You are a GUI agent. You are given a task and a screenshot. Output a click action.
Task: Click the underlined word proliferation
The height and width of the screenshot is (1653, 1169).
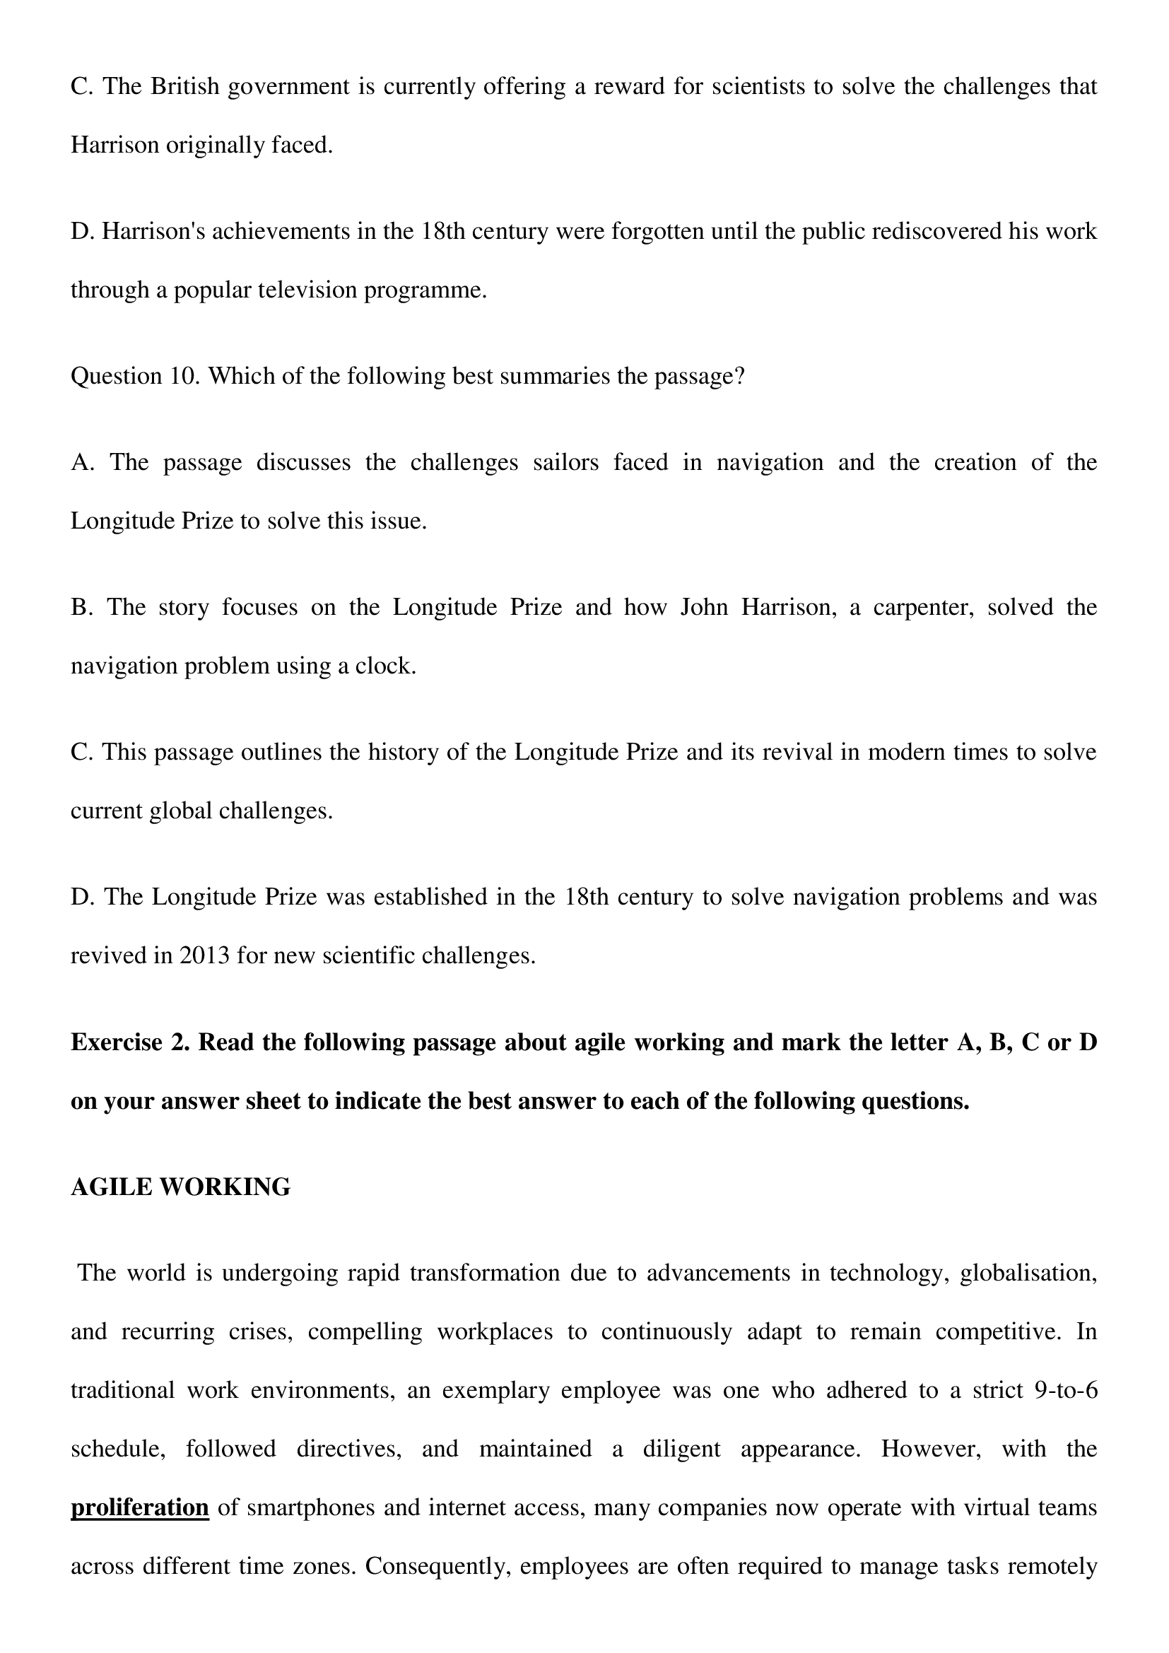tap(140, 1507)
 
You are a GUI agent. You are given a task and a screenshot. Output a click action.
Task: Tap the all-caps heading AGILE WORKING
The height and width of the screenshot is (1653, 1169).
tap(181, 1187)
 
